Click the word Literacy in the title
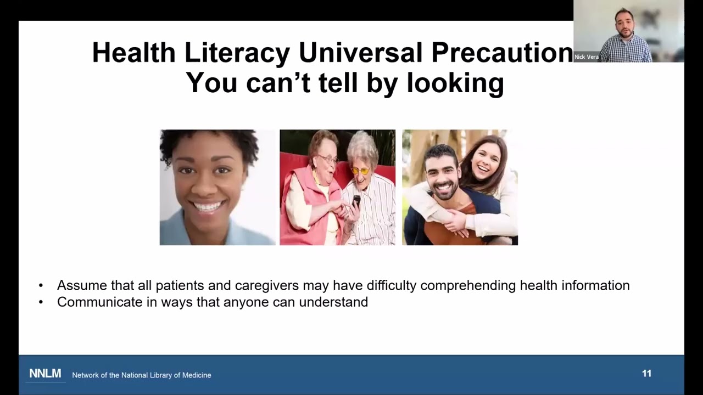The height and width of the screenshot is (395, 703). pos(237,53)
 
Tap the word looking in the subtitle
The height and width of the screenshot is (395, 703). pos(455,83)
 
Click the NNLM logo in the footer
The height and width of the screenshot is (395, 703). pos(45,374)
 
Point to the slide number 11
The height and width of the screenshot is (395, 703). pos(646,374)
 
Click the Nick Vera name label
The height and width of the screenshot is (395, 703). pos(586,57)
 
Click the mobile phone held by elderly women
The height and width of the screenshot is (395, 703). pos(356,201)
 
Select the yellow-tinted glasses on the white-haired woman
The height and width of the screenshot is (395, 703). pos(360,171)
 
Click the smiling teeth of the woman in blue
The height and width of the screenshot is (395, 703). pos(209,207)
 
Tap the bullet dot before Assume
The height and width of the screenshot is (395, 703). pos(41,286)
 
